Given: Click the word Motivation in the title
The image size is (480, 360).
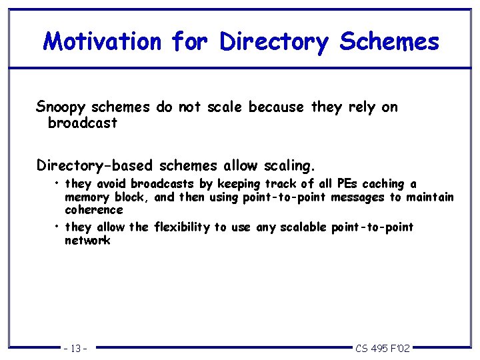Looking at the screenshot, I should coord(102,41).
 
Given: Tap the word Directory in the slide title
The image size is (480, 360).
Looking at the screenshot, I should coord(275,41).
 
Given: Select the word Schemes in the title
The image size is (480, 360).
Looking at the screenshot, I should coord(389,41).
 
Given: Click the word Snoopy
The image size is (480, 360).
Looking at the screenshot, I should coord(61,107).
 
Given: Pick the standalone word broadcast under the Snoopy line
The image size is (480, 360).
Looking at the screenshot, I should coord(83,123).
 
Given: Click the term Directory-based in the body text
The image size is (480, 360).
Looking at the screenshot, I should coord(93,165).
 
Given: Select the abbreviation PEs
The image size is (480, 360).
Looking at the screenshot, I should coord(349,183).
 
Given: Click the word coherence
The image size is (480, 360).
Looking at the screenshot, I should coord(94,210).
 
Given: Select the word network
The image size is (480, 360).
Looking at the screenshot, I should coord(87,241).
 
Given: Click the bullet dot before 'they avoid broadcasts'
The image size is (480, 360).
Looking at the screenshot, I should coord(59,183).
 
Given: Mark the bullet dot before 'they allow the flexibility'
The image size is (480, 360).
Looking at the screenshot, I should coord(59,227).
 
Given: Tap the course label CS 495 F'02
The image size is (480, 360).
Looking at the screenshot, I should coord(383,348).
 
